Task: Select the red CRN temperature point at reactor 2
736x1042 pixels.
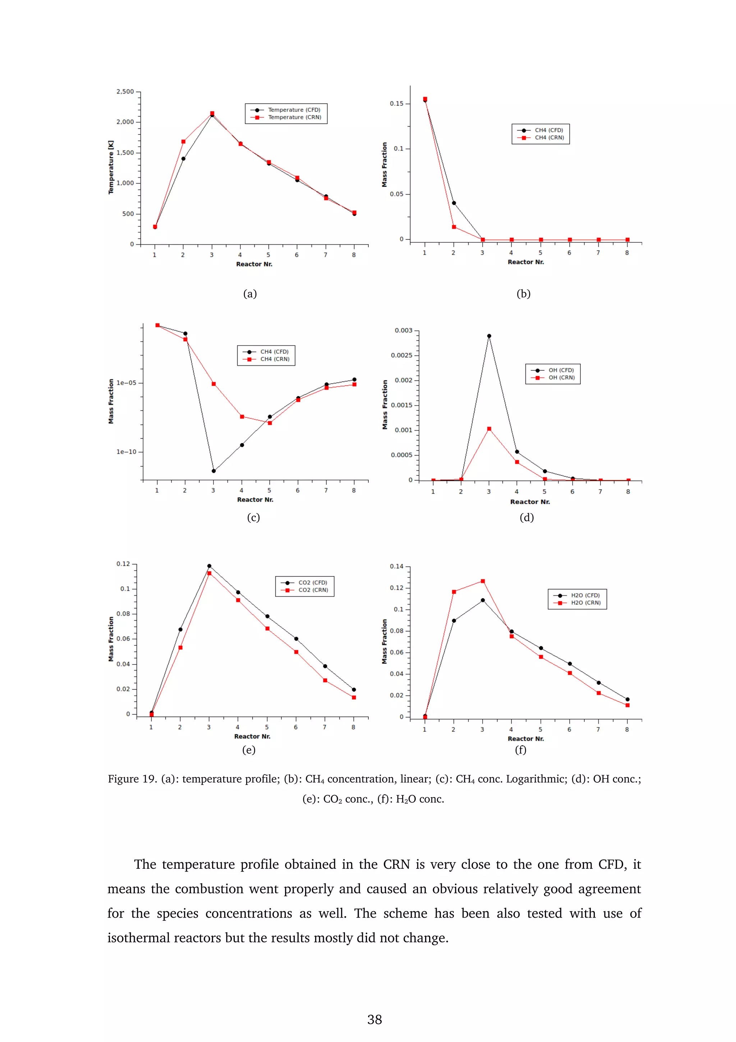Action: [183, 142]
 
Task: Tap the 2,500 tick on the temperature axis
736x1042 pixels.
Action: [125, 92]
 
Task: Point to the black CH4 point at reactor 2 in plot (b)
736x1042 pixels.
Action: [454, 203]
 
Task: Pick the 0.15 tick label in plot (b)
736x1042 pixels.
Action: [396, 104]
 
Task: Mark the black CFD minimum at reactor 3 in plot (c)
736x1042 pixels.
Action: [213, 471]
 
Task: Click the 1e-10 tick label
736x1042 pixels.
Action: [126, 452]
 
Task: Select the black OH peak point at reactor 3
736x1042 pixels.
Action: [489, 336]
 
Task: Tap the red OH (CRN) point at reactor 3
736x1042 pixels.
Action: [489, 429]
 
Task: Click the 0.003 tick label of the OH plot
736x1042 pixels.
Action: [403, 330]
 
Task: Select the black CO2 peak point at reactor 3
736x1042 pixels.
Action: [209, 566]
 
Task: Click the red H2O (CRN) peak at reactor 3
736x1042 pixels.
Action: [483, 581]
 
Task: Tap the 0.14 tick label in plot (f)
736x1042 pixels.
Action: [396, 566]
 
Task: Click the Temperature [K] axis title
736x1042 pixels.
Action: [111, 168]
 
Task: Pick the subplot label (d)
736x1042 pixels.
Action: [526, 517]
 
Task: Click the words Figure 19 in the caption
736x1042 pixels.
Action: [132, 779]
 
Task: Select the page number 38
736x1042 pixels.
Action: [374, 1020]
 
